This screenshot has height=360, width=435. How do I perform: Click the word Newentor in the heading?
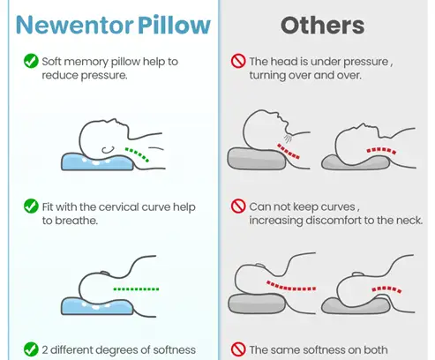coord(75,25)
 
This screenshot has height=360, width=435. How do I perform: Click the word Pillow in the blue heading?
coord(174,25)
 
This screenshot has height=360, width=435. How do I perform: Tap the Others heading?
coord(323,26)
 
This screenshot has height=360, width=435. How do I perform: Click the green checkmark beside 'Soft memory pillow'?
coord(31,61)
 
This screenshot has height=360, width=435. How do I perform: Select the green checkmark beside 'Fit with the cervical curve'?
coord(31,206)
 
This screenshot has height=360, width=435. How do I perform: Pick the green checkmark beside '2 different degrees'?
coord(31,349)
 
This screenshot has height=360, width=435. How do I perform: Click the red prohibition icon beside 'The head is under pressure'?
coord(238,61)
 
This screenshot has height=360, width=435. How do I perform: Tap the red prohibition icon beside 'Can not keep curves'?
coord(238,206)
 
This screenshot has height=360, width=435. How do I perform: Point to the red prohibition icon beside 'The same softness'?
coord(238,349)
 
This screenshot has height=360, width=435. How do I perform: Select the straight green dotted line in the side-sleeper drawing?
coord(136,289)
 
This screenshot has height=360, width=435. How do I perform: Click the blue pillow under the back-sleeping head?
coord(97,161)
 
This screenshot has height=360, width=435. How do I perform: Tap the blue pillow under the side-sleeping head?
coord(97,306)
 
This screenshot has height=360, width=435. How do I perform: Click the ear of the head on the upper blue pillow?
coord(108,150)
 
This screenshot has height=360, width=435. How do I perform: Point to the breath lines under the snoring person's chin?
coord(288,139)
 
